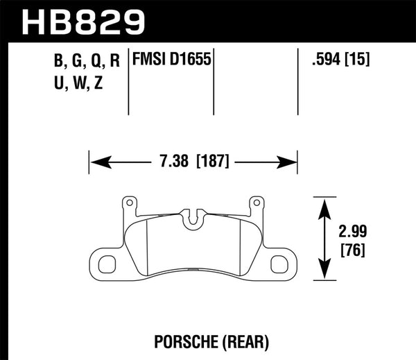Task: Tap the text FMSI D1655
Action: click(171, 60)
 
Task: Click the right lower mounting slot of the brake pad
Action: click(279, 264)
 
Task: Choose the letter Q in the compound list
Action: click(85, 60)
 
